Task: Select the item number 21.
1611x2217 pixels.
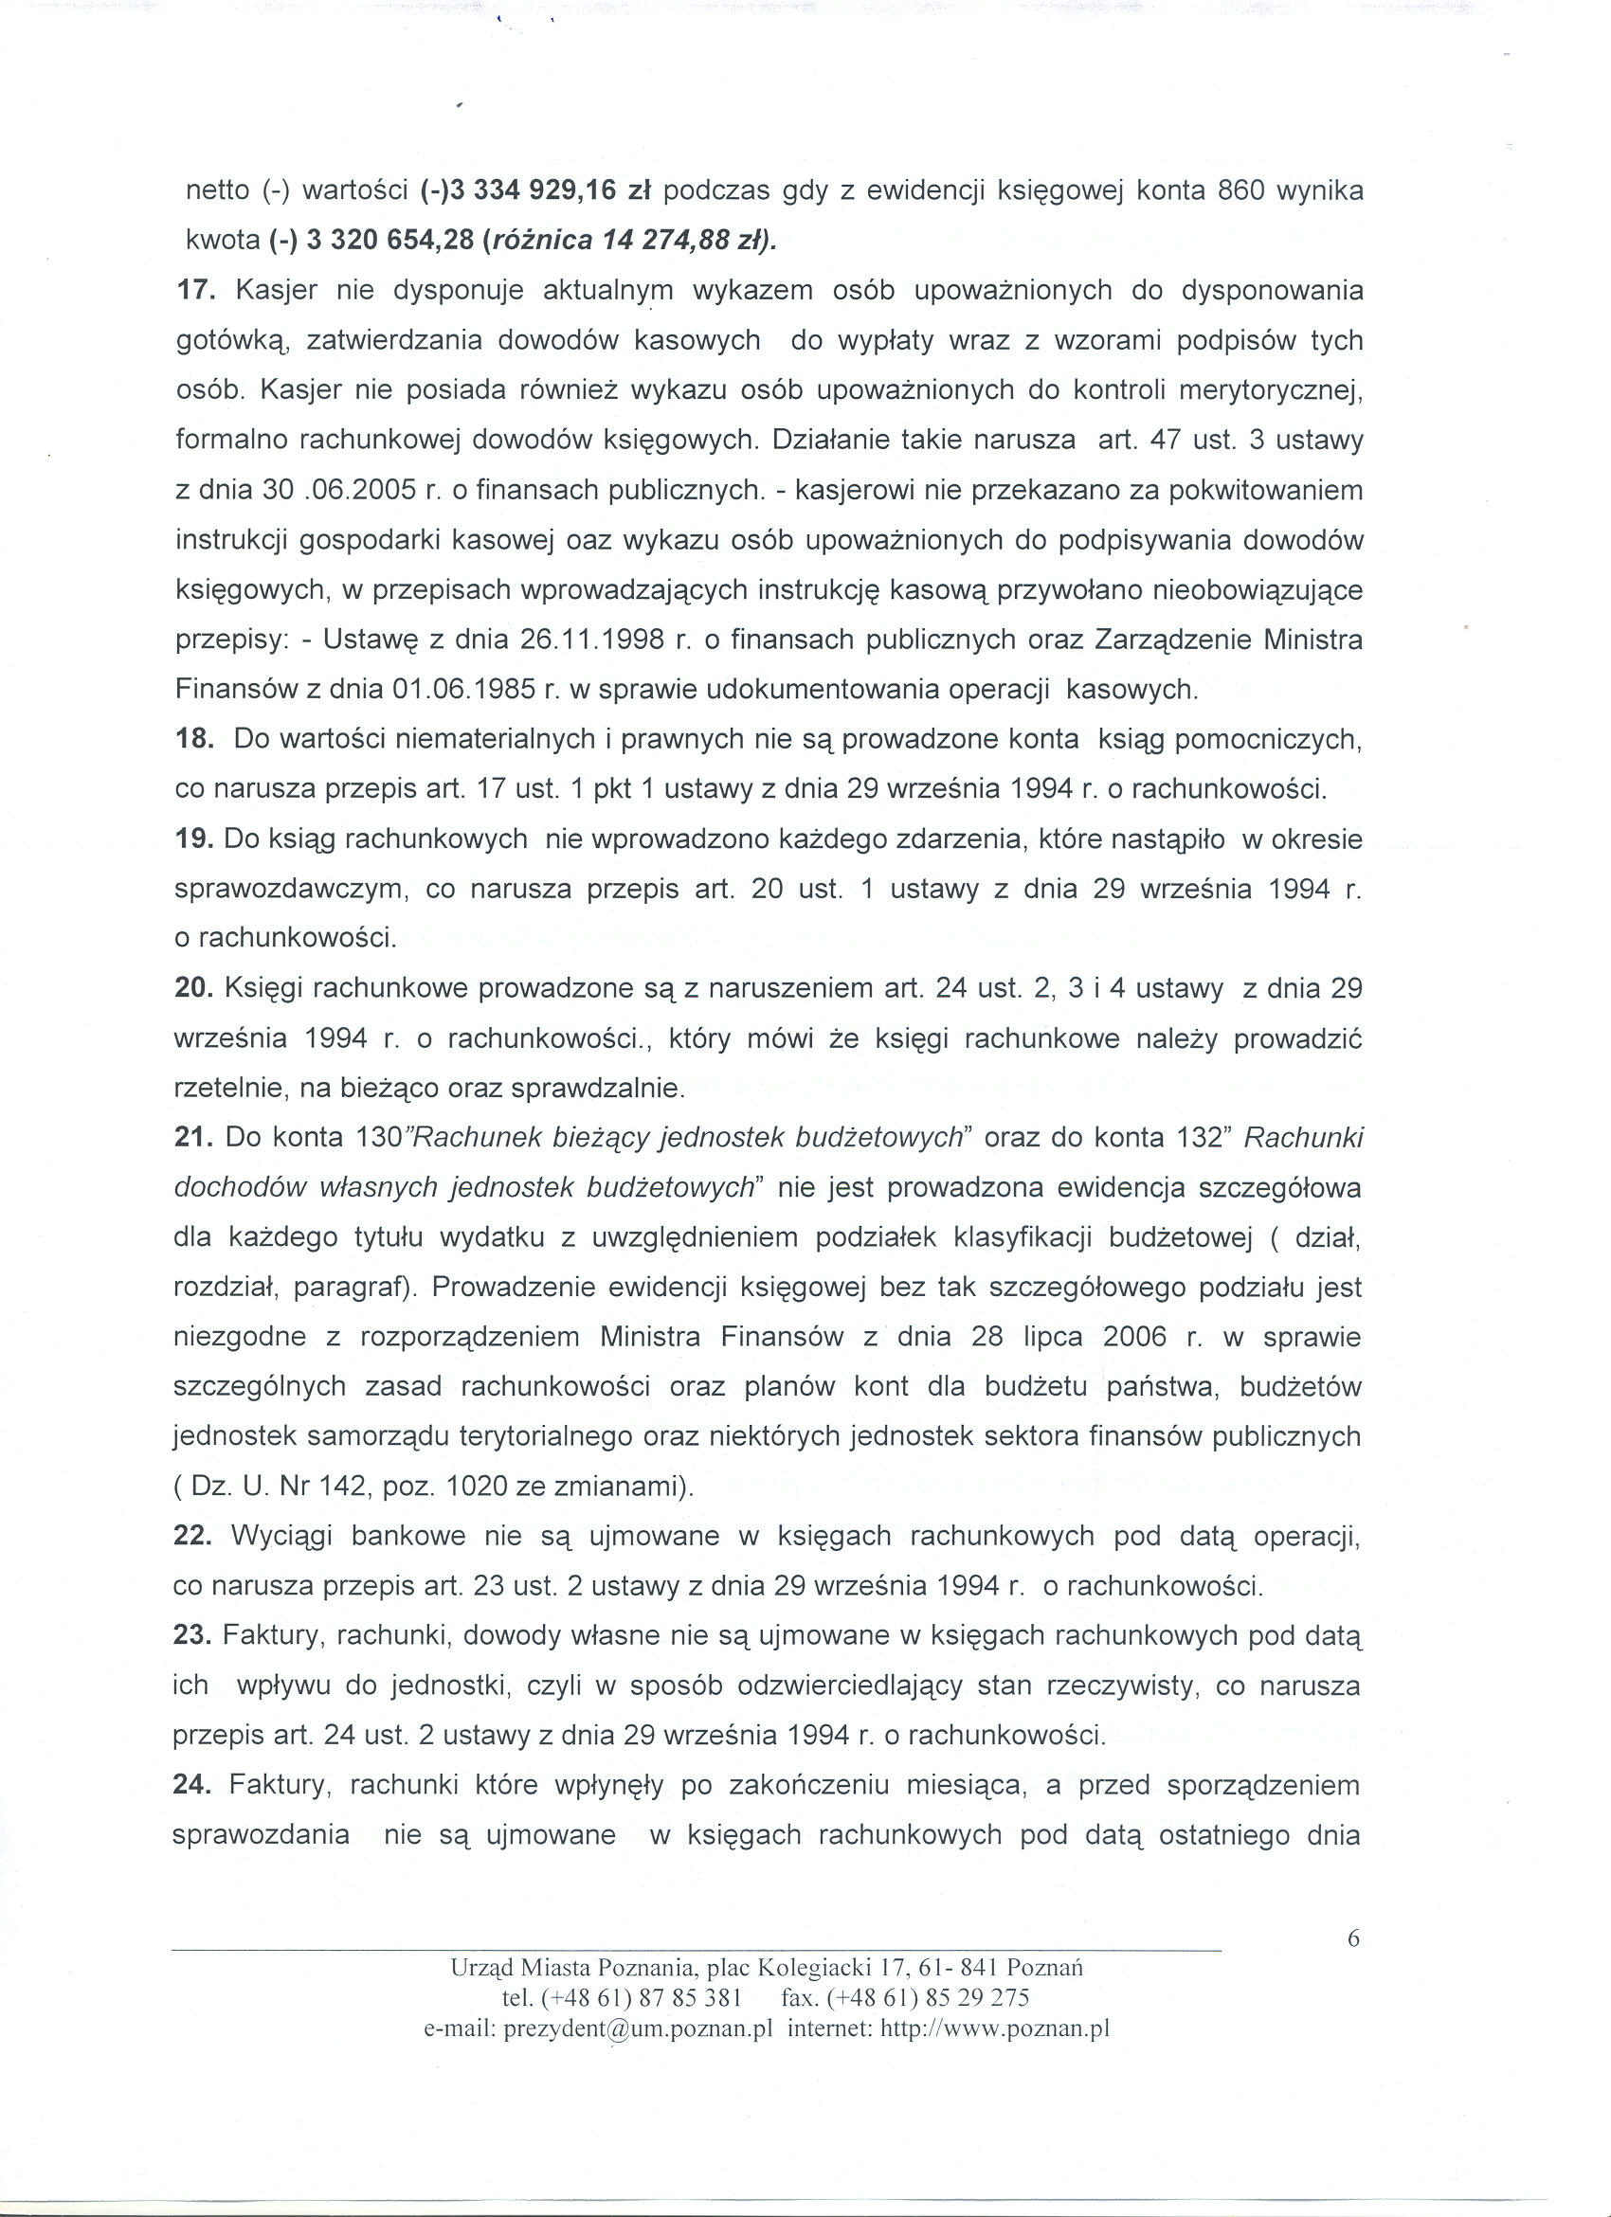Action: pos(192,1138)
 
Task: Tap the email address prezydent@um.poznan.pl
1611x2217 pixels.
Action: pos(639,2028)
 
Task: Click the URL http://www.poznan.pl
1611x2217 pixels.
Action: pos(994,2028)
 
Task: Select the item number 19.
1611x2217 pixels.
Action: pos(192,839)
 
